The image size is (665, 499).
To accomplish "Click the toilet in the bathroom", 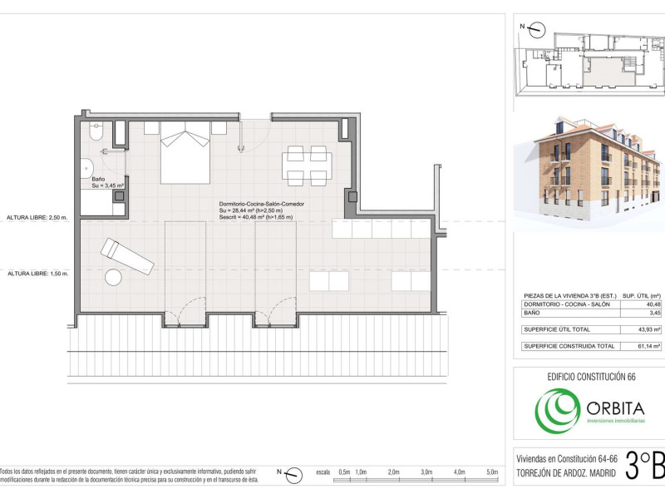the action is pos(96,131).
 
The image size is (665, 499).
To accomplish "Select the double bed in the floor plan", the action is pos(185,153).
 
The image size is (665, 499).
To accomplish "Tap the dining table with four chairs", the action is pos(307,166).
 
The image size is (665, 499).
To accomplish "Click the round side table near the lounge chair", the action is pos(113,278).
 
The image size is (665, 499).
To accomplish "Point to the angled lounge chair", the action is pos(127,256).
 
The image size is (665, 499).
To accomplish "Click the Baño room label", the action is pos(98,179).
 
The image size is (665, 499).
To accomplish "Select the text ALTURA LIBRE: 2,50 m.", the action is pos(37,218).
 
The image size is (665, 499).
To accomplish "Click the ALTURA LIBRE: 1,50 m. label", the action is pos(37,274).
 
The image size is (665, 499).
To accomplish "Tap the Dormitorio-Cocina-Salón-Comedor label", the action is pos(262,204).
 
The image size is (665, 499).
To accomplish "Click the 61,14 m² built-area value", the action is pos(649,346).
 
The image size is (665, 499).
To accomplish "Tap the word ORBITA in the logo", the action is pos(616,408).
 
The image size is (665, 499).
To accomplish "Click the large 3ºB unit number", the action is pos(646,466).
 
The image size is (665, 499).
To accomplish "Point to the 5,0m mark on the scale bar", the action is pos(492,472).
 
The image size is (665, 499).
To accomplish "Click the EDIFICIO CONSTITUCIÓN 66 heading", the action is pos(591,377).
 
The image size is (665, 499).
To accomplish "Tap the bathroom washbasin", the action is pos(86,169).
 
